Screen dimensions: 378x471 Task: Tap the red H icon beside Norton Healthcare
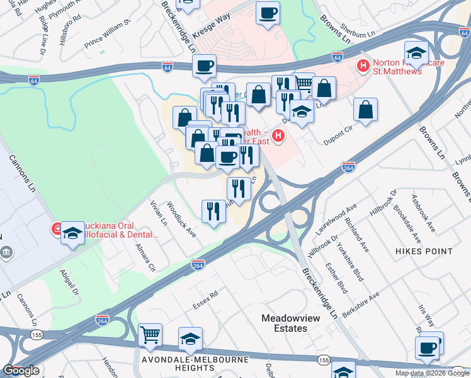[363, 64]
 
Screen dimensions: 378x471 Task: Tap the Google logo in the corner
[21, 370]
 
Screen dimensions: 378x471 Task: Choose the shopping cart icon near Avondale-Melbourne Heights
[150, 335]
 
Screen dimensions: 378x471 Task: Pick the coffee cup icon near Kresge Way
[268, 13]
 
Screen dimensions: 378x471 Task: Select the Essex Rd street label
[205, 303]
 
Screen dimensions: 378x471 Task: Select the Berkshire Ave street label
[366, 304]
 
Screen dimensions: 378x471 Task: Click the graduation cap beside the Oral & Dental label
[73, 233]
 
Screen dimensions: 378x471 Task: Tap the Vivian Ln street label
[158, 214]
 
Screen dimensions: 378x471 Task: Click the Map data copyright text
[432, 373]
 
